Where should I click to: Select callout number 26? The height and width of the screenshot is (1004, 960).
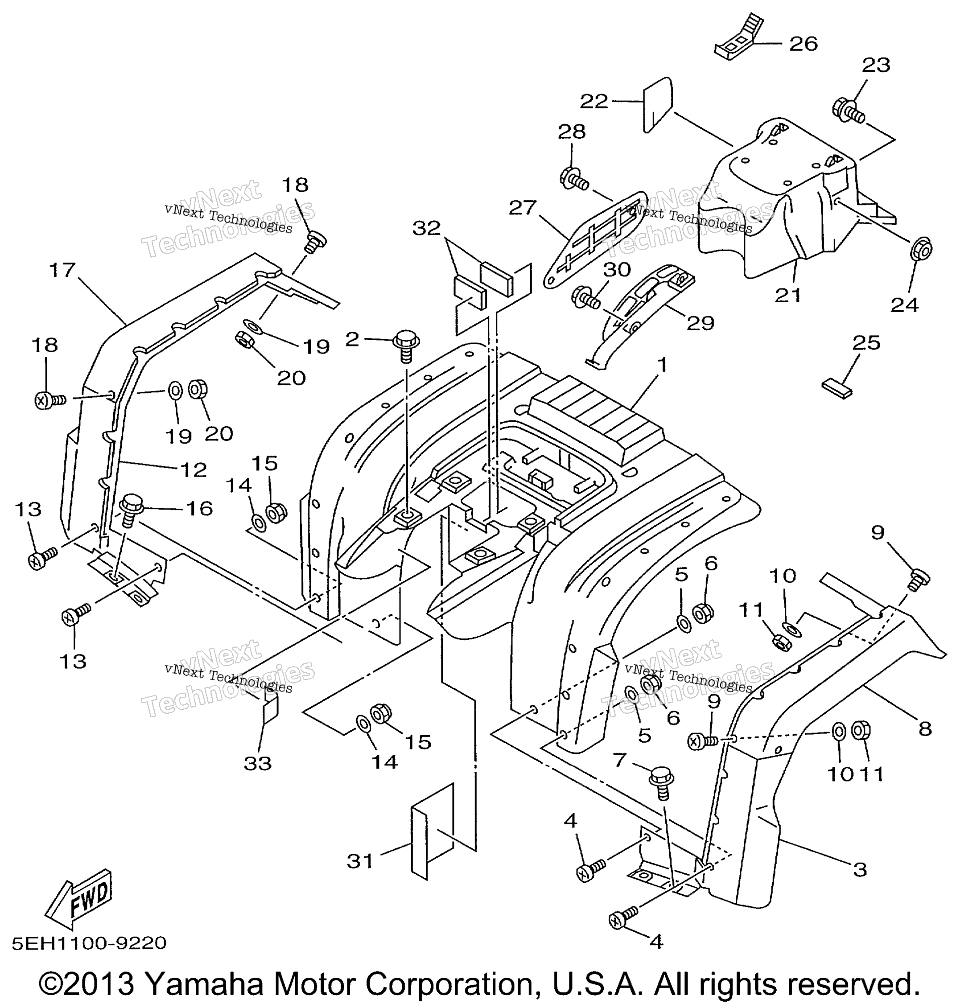click(x=803, y=44)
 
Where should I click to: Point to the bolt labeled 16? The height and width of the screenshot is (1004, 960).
click(x=128, y=510)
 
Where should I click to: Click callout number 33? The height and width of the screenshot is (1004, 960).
click(x=257, y=764)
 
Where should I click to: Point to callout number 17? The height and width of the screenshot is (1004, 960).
click(x=62, y=270)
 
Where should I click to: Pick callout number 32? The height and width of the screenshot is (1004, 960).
click(x=427, y=228)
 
